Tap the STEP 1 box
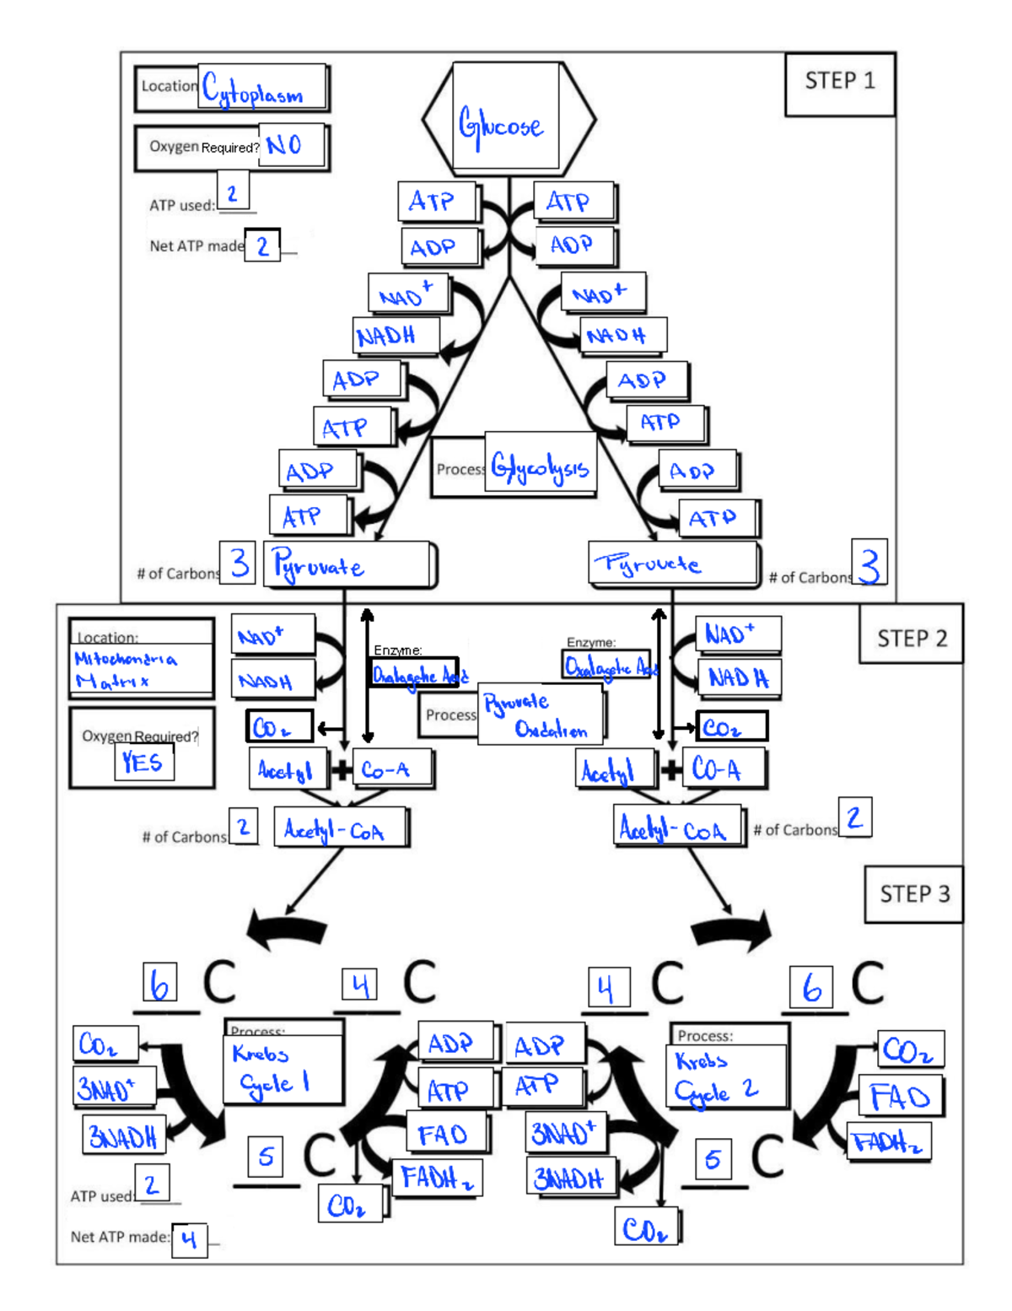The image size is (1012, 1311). pos(839,82)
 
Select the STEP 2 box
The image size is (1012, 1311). pos(911,639)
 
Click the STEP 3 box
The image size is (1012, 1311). pos(914,894)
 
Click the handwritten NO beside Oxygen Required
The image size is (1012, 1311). pos(284,145)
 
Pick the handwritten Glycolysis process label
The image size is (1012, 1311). pos(540,467)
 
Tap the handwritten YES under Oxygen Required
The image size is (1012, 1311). pos(143,762)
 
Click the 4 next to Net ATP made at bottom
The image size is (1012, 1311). pos(189,1239)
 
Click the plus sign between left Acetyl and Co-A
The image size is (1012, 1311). pos(341,769)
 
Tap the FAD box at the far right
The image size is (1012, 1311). pos(899,1097)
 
